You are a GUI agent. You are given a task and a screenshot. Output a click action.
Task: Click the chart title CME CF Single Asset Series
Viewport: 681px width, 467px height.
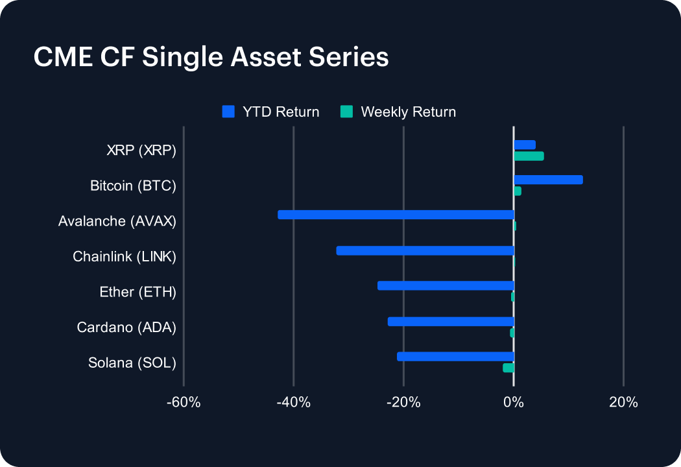211,57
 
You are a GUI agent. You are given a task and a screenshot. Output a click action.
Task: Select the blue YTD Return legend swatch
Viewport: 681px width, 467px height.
228,112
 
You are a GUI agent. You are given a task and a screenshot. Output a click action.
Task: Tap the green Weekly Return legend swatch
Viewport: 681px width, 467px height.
346,112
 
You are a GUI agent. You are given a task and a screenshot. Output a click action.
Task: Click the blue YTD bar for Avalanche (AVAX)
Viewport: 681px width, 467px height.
396,215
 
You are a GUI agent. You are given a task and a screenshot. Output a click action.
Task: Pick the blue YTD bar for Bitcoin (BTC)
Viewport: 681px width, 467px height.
548,180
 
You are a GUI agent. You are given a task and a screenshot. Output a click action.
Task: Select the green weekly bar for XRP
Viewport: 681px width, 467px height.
529,156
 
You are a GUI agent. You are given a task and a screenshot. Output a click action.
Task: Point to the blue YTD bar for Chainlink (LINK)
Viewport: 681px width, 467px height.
425,250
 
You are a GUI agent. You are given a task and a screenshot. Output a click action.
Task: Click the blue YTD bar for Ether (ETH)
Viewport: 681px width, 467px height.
446,285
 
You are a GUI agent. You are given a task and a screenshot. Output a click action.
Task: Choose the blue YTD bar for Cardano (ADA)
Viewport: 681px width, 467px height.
451,321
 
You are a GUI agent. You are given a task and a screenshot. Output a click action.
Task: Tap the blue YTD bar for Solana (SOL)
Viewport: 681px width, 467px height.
455,356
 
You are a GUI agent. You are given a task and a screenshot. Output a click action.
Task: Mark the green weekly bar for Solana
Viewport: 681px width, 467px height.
508,368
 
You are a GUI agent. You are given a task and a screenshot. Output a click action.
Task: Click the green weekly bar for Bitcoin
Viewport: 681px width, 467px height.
518,191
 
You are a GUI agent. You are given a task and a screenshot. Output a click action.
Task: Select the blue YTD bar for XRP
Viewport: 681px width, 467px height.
525,145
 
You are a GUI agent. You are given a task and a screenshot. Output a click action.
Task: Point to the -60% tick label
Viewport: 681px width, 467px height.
184,403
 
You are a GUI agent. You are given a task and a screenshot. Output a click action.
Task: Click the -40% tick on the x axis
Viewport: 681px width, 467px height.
294,403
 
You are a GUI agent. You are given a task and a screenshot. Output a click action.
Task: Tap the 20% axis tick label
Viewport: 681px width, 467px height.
623,403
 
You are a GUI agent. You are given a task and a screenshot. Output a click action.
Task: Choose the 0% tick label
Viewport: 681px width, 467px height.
514,403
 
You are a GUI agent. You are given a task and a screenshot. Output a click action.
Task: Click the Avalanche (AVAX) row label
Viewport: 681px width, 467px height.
117,221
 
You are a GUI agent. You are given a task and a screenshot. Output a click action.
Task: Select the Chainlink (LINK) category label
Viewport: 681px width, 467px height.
125,257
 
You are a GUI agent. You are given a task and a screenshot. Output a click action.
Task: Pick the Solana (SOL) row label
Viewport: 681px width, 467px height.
132,363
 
